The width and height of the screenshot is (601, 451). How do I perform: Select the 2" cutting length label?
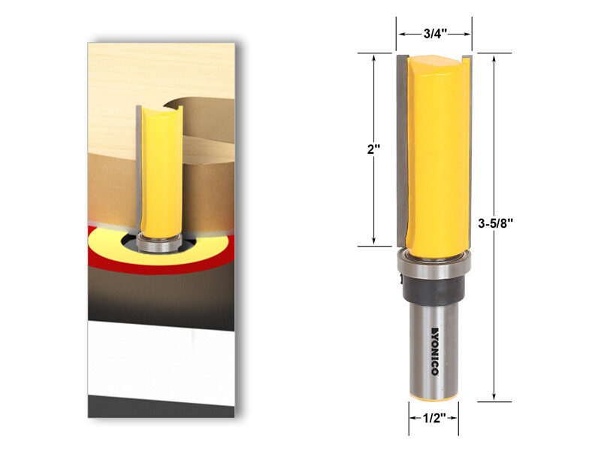(373, 149)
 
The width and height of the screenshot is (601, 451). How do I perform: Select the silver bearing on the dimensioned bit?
(433, 265)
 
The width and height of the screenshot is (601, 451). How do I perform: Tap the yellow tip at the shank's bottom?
(433, 395)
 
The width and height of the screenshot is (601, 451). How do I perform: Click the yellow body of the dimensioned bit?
(439, 150)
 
